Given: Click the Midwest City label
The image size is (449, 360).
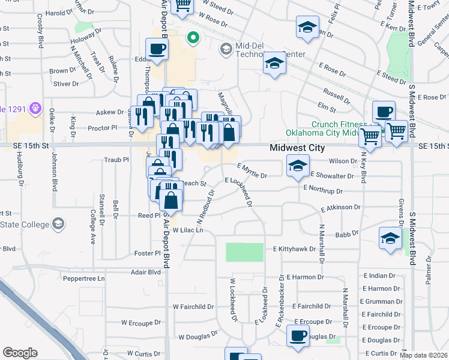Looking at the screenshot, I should [297, 148].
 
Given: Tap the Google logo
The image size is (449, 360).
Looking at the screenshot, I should [20, 353].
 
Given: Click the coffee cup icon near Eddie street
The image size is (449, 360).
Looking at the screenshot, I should [157, 49].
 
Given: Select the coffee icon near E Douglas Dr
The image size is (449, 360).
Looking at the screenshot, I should [298, 335].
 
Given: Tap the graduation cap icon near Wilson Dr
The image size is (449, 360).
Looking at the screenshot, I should [297, 165].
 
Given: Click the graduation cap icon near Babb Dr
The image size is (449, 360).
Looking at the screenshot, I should [390, 238].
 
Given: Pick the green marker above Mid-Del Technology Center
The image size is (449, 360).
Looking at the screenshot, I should [193, 39].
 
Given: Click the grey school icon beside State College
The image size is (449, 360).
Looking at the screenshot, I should [58, 224].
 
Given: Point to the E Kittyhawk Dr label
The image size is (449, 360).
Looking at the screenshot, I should [294, 248].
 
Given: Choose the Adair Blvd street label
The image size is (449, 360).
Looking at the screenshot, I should [146, 272].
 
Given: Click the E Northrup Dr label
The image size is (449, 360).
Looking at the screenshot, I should [323, 189].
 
